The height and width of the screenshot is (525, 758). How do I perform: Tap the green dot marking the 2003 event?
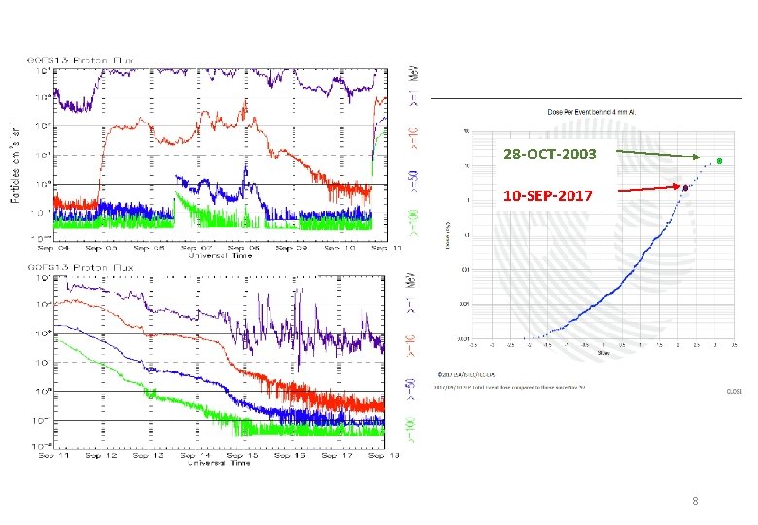(718, 160)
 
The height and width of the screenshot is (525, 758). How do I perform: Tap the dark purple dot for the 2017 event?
(686, 188)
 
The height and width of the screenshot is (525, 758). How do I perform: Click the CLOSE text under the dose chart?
(734, 392)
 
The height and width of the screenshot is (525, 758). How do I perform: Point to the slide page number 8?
(694, 502)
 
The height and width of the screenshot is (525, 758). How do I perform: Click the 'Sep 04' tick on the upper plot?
(55, 249)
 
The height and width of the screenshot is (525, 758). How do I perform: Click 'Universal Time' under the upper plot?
(225, 257)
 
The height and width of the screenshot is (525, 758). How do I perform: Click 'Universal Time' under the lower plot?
(225, 463)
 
